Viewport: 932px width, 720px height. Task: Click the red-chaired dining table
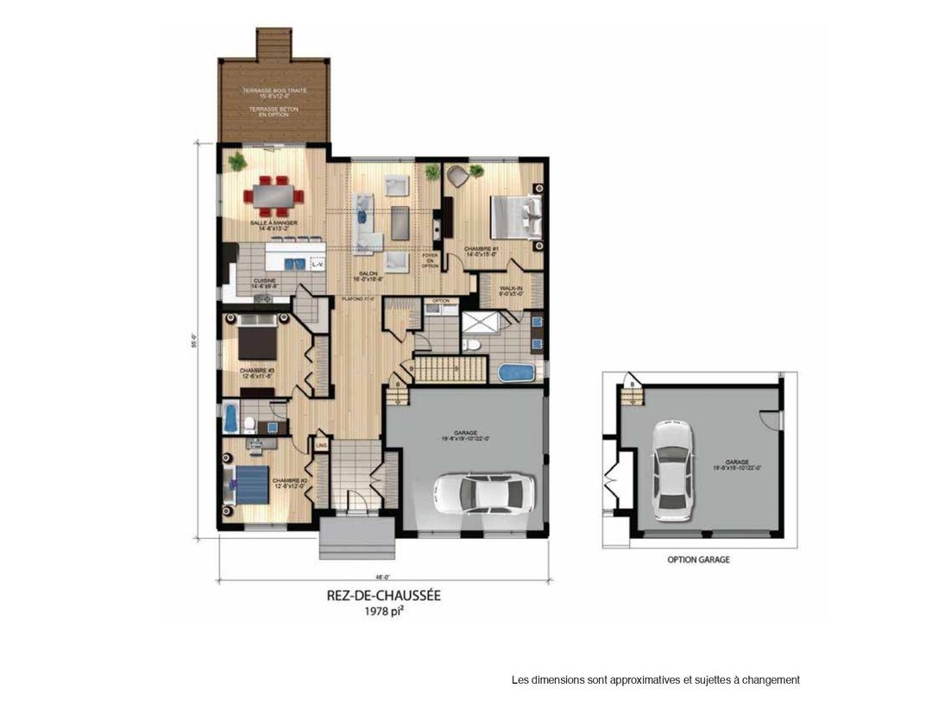274,195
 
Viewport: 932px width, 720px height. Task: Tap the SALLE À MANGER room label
274,223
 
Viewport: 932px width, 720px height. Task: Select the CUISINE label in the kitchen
263,280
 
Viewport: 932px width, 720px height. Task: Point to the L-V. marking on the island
317,264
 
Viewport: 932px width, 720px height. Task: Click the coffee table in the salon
400,222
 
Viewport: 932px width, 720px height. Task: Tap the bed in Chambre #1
514,217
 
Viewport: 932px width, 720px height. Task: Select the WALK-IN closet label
513,289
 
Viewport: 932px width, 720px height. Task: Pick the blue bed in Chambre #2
251,485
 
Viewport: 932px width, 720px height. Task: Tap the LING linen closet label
321,445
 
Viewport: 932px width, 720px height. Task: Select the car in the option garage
671,469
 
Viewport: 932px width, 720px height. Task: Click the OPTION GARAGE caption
698,560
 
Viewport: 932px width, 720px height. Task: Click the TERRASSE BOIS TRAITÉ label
274,91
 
